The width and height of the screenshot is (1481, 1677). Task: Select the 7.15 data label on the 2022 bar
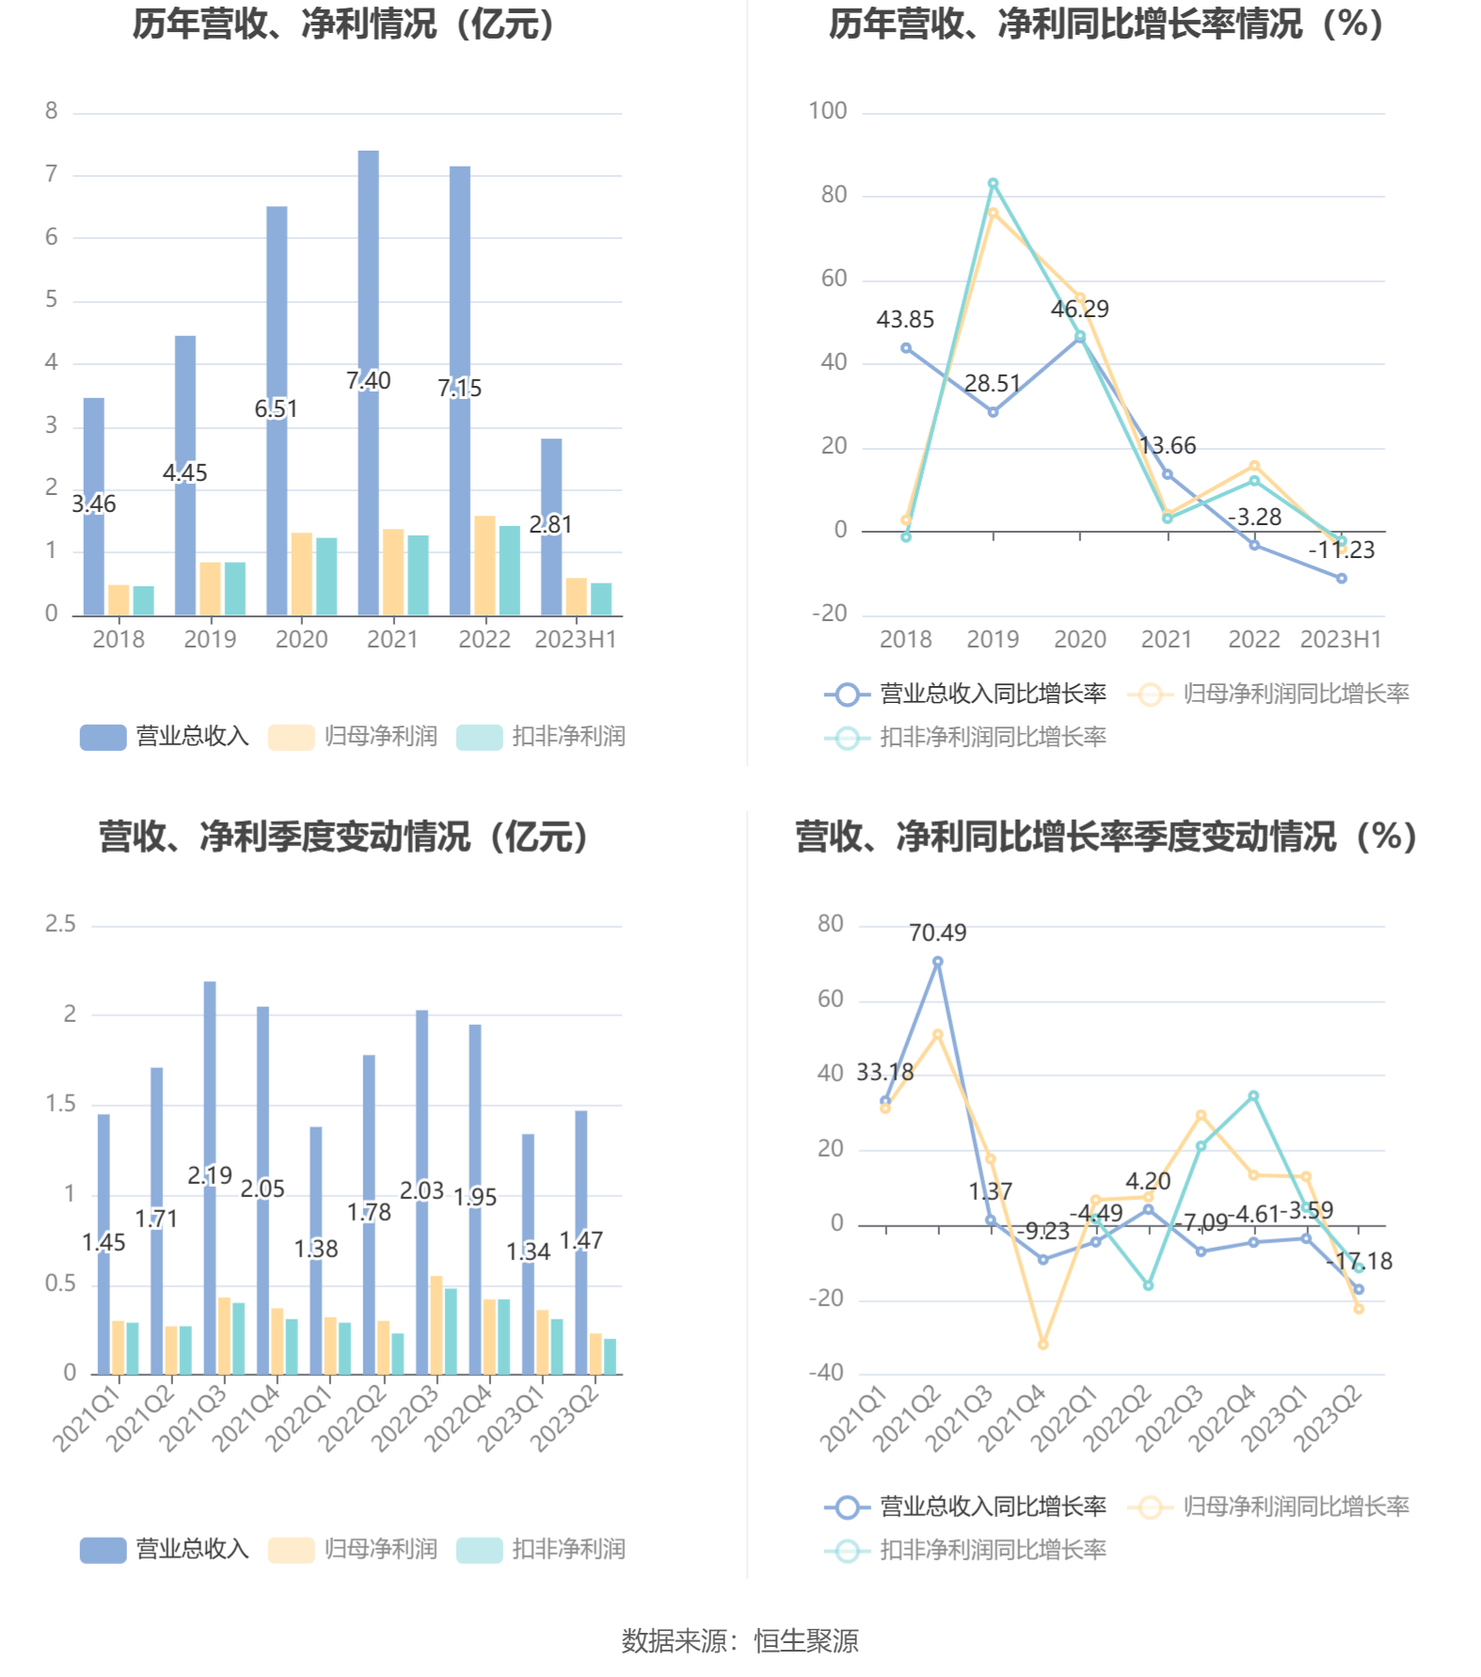[459, 388]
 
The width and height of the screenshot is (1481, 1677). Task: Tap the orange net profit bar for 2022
[485, 566]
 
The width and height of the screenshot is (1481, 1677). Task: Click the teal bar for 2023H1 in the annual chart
[601, 599]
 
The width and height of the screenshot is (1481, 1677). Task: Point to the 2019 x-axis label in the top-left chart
[210, 640]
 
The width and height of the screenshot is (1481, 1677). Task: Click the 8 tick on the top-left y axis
[52, 111]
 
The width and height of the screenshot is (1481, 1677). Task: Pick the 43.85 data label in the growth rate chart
[905, 320]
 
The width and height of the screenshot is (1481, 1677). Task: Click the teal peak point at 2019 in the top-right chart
[993, 184]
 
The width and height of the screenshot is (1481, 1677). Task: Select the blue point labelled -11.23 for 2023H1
[1342, 579]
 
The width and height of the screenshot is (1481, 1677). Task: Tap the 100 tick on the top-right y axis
[828, 111]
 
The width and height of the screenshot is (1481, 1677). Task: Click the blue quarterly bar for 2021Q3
[210, 1082]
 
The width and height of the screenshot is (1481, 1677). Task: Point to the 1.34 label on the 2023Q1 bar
[528, 1252]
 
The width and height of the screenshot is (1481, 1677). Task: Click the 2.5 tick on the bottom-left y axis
[61, 924]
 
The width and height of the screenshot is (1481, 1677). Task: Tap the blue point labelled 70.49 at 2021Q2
[938, 962]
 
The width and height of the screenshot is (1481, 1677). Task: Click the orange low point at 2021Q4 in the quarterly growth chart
[1043, 1345]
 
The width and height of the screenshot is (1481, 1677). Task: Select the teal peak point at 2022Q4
[1253, 1096]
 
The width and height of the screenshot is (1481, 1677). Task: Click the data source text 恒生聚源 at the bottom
[806, 1641]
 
